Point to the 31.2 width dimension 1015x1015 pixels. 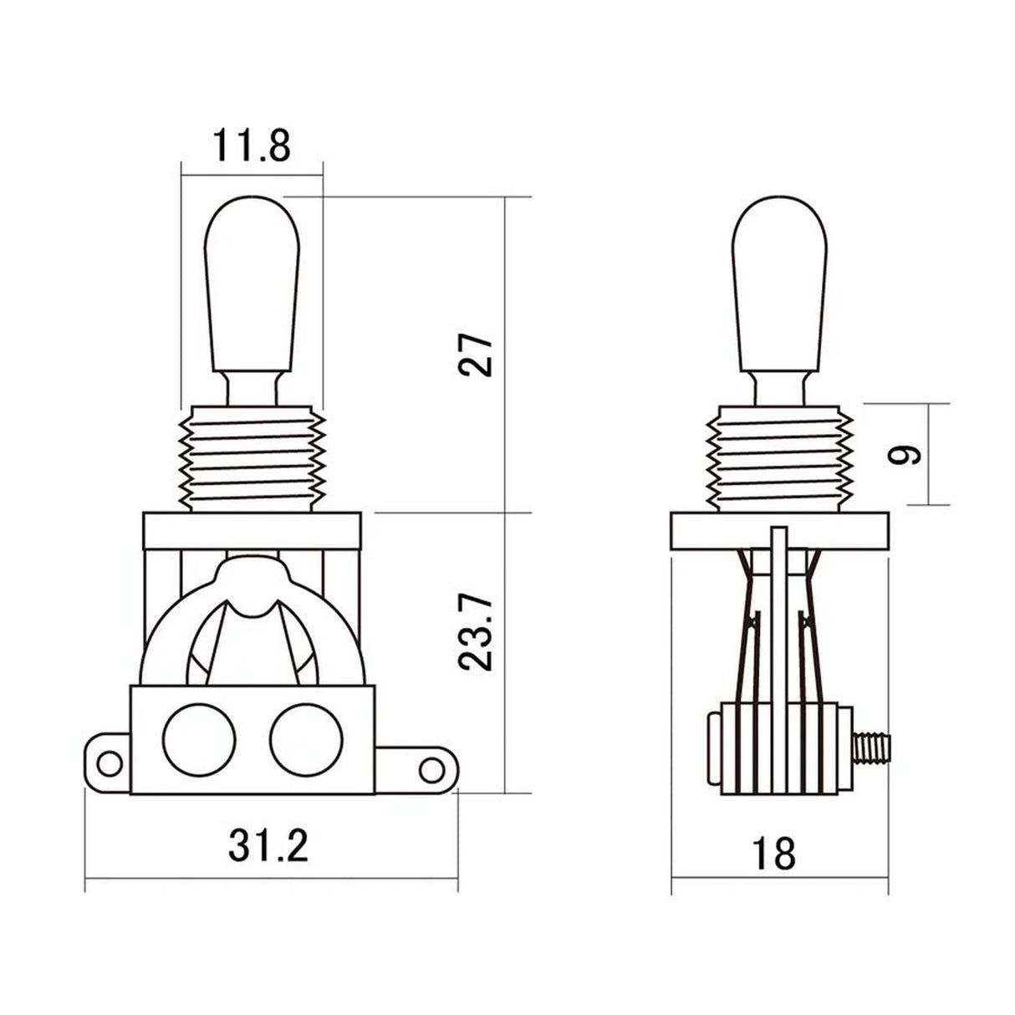[x=268, y=847]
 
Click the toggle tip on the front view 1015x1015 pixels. [x=251, y=284]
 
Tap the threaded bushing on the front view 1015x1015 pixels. [x=251, y=457]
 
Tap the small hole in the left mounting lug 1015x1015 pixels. [x=108, y=760]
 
